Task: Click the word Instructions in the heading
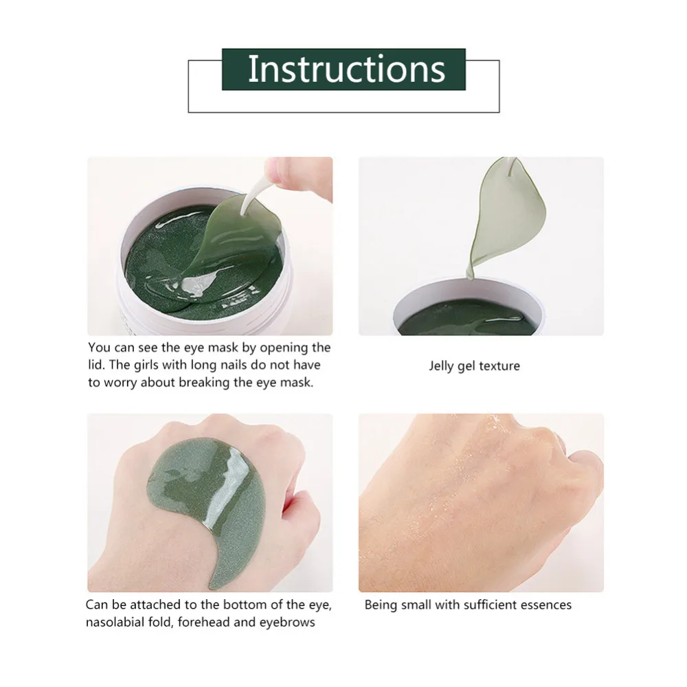(x=346, y=69)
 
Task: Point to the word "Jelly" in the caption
(x=442, y=366)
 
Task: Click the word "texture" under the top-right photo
(x=499, y=366)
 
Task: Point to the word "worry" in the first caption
(x=122, y=383)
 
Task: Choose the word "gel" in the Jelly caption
(x=465, y=367)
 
